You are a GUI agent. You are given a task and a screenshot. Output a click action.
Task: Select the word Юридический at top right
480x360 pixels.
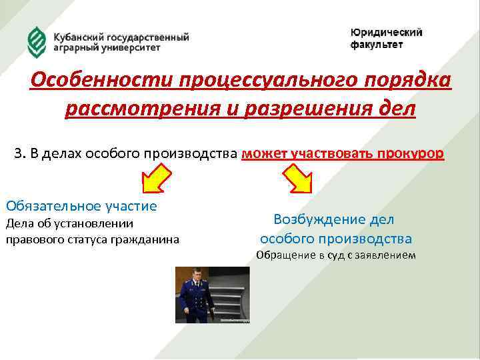click(387, 33)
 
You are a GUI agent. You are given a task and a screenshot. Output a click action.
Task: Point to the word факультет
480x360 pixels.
click(377, 45)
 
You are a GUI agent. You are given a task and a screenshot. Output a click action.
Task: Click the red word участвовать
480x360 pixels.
click(332, 153)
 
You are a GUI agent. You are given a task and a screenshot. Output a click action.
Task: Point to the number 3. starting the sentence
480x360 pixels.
click(19, 153)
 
